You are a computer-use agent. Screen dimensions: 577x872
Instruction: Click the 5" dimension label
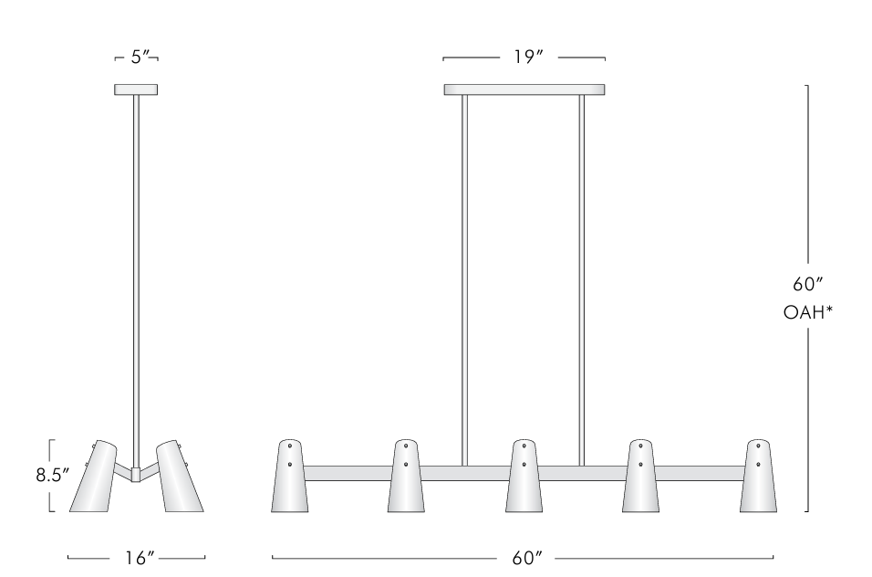coord(137,57)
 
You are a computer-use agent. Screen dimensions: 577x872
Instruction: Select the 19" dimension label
coord(524,57)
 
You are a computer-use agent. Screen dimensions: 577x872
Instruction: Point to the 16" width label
coord(137,558)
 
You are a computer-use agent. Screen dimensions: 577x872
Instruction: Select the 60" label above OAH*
coord(808,284)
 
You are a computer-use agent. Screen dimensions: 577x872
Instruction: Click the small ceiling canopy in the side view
coord(136,89)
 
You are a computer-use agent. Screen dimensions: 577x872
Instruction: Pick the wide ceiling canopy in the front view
coord(524,89)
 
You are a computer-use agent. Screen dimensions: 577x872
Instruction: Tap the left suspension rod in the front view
coord(464,274)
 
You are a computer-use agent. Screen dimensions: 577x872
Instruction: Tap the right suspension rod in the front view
coord(581,274)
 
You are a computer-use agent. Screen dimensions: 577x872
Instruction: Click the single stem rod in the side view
coord(136,274)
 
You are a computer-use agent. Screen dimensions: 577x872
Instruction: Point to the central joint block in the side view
coord(136,474)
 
